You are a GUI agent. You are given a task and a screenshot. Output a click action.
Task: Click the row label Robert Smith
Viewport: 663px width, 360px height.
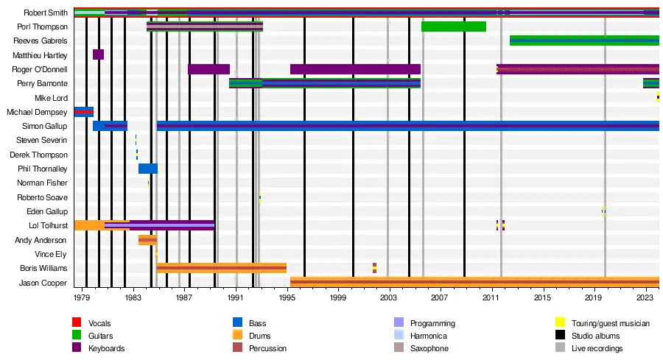(x=46, y=13)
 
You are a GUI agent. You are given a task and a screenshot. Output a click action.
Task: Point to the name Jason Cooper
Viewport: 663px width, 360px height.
(x=44, y=283)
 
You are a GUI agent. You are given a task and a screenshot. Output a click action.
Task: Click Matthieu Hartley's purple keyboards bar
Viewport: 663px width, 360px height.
(x=98, y=54)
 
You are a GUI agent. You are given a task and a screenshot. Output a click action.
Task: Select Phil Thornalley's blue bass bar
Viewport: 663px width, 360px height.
(x=147, y=169)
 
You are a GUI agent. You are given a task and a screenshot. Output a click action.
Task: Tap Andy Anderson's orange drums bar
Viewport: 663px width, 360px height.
(x=147, y=240)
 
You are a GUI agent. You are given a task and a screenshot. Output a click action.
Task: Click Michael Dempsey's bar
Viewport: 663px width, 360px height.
(x=83, y=112)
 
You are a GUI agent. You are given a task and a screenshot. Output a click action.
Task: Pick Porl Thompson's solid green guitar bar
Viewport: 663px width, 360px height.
(x=453, y=27)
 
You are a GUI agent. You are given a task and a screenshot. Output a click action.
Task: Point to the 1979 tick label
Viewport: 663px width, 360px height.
(x=82, y=298)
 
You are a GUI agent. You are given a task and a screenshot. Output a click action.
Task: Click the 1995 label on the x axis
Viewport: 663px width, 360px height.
(x=287, y=298)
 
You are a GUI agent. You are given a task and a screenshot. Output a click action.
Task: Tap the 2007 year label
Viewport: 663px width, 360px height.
(x=441, y=298)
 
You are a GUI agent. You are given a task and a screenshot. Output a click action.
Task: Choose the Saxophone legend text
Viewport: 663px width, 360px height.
(x=429, y=348)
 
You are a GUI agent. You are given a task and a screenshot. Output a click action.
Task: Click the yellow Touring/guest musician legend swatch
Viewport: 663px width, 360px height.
(x=558, y=323)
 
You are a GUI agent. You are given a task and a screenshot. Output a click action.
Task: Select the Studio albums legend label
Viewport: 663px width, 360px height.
(x=597, y=336)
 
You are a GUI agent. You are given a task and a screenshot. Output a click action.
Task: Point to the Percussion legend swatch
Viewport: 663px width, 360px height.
(x=238, y=348)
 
